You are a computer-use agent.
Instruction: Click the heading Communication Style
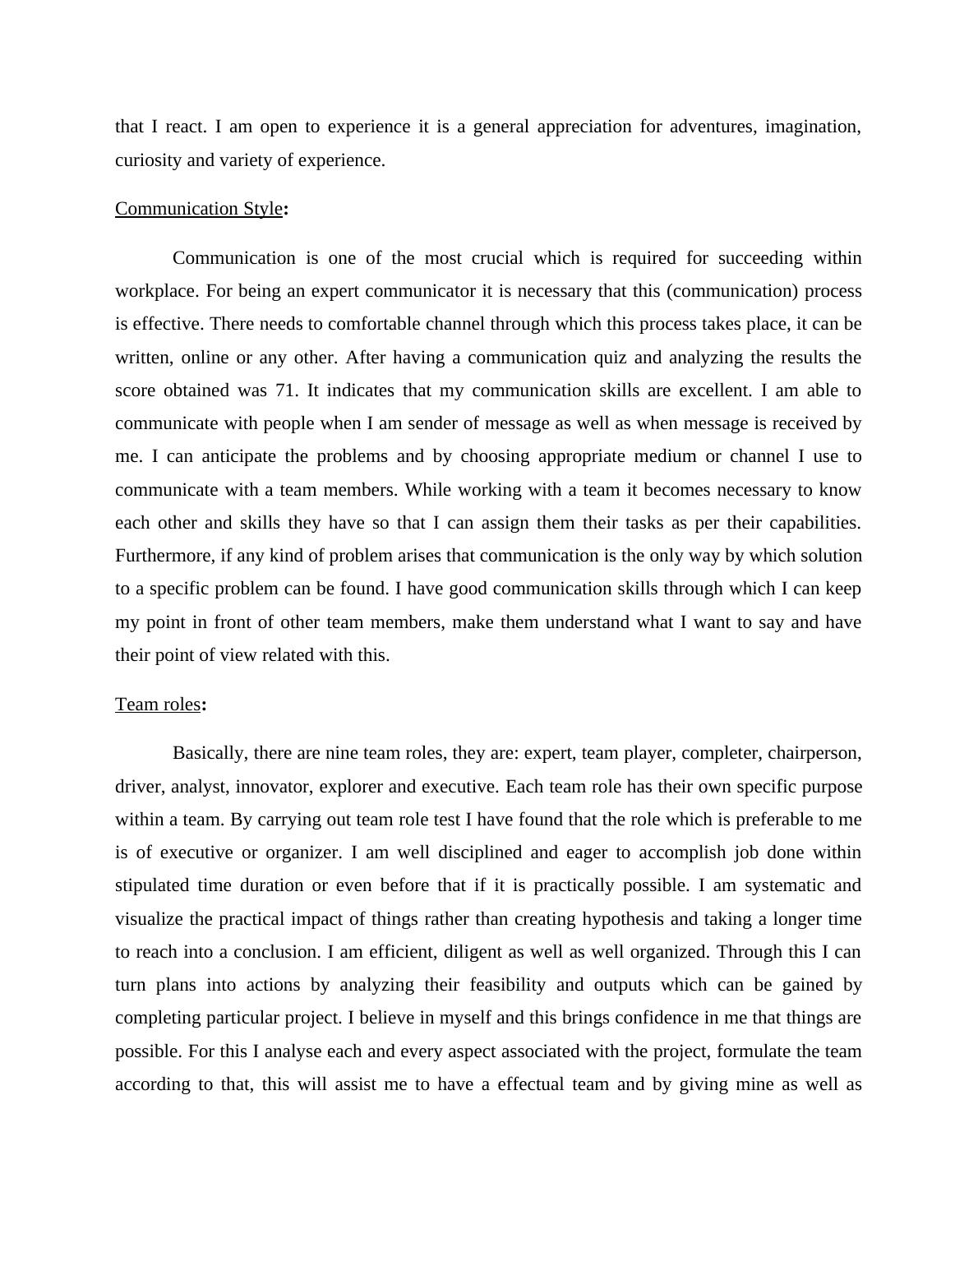tap(199, 209)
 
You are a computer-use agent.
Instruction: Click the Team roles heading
tap(158, 705)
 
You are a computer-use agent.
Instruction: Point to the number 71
tap(285, 390)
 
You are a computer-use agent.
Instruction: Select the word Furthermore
tap(164, 556)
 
